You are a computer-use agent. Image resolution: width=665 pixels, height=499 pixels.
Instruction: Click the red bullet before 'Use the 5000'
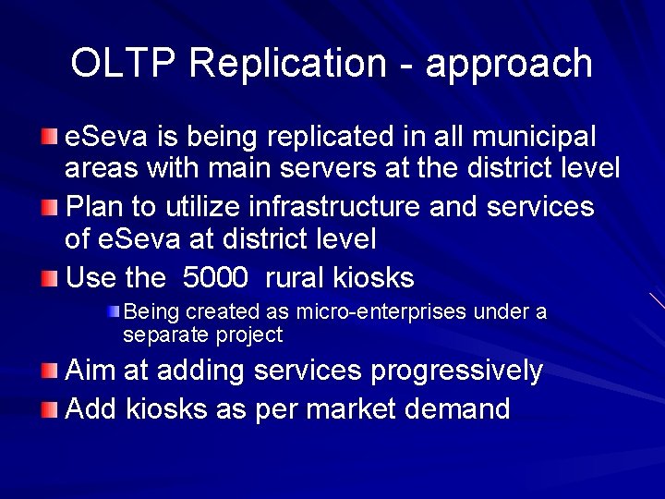point(48,277)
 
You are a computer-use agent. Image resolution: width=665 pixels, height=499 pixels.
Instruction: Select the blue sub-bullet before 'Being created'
point(113,311)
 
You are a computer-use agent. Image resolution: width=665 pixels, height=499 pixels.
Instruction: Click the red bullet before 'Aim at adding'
point(48,372)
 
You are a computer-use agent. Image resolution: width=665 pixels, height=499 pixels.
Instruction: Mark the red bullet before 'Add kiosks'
point(48,408)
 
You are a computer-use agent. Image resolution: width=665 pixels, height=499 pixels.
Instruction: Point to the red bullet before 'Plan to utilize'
point(48,206)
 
